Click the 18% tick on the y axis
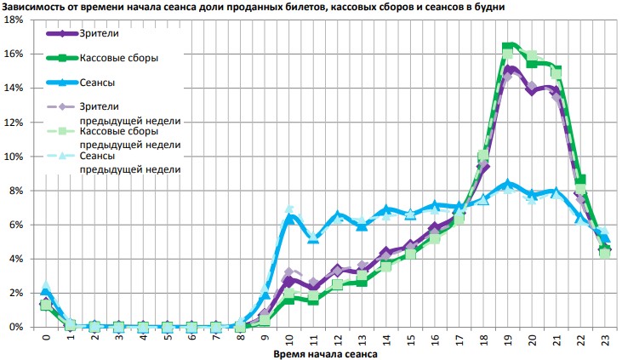(x=14, y=20)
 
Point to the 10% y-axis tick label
(x=14, y=157)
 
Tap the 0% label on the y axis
(x=16, y=327)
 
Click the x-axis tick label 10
(x=289, y=340)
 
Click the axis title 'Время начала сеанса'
(x=324, y=352)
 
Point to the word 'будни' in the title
(x=489, y=6)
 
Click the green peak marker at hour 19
(x=508, y=47)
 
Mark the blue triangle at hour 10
(x=289, y=218)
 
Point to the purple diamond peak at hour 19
(x=509, y=71)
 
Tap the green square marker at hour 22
(x=581, y=180)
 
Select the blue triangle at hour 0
(x=45, y=291)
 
